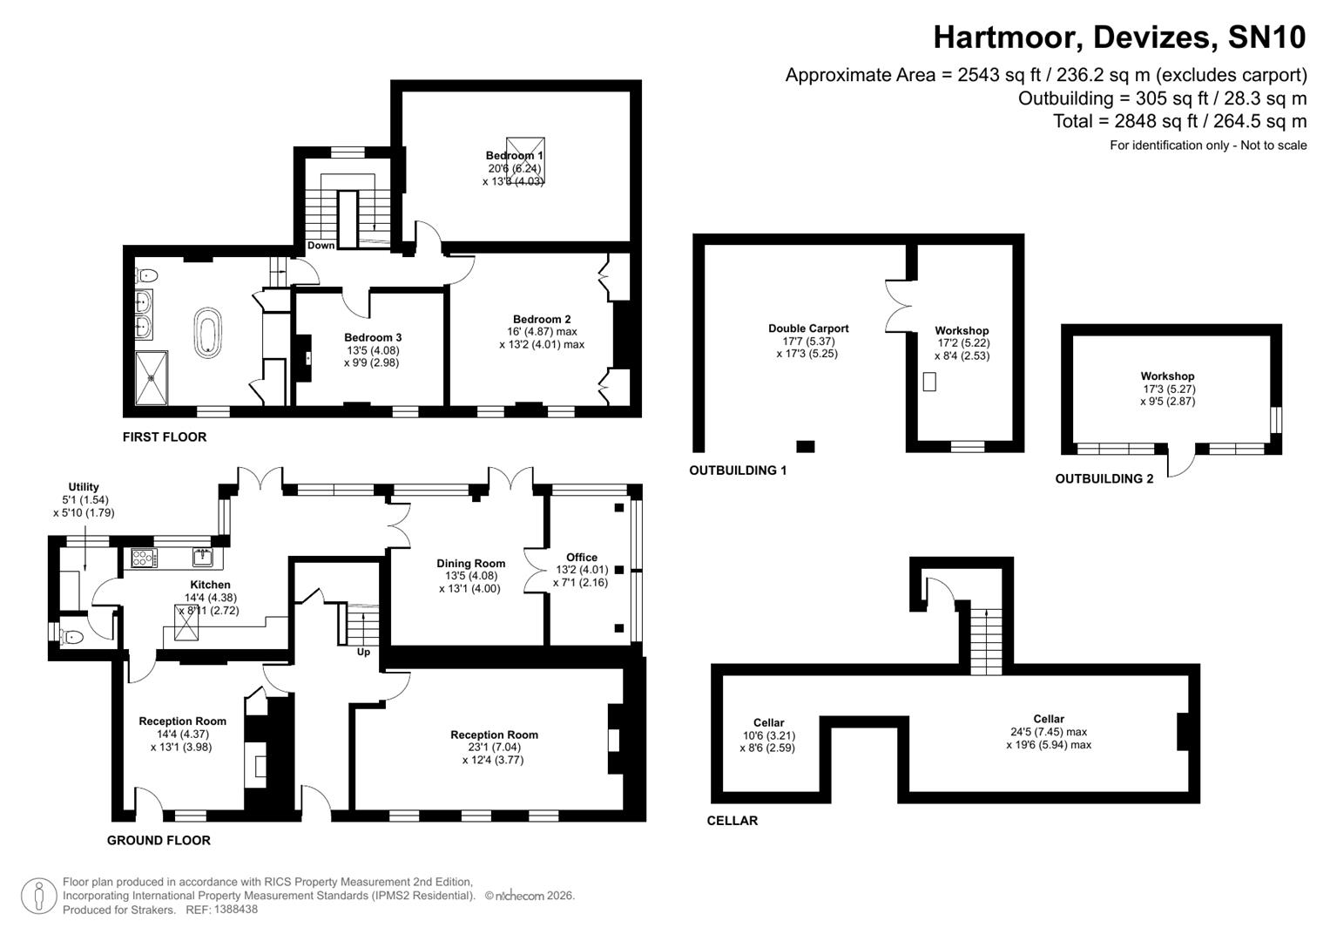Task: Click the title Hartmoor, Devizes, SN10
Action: tap(1119, 37)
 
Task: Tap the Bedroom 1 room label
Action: tap(514, 156)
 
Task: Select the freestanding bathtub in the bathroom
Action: tap(207, 332)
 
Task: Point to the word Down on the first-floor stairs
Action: tap(321, 246)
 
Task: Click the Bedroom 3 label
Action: tap(373, 337)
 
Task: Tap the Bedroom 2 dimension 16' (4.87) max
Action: tap(542, 332)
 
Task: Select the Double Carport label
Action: tap(807, 328)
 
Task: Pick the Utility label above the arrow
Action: tap(84, 487)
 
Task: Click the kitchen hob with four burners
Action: tap(143, 558)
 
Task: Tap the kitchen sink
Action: tap(203, 557)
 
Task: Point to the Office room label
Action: tap(581, 558)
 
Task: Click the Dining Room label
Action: tap(470, 564)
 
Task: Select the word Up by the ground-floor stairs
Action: tap(363, 652)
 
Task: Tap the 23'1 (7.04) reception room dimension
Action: tap(493, 748)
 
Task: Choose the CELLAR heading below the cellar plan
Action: tap(732, 821)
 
